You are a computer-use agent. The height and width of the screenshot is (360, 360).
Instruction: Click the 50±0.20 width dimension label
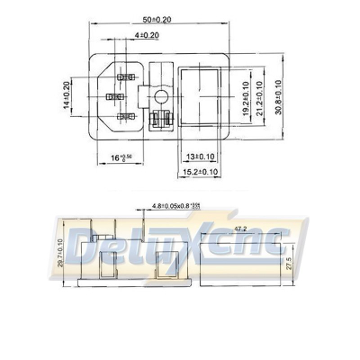tap(182, 20)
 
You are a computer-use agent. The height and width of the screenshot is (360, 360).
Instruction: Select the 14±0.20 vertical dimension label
tap(67, 94)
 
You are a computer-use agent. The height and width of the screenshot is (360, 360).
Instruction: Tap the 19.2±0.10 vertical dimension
tap(247, 94)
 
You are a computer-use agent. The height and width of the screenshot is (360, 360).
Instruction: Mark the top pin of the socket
tap(118, 76)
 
